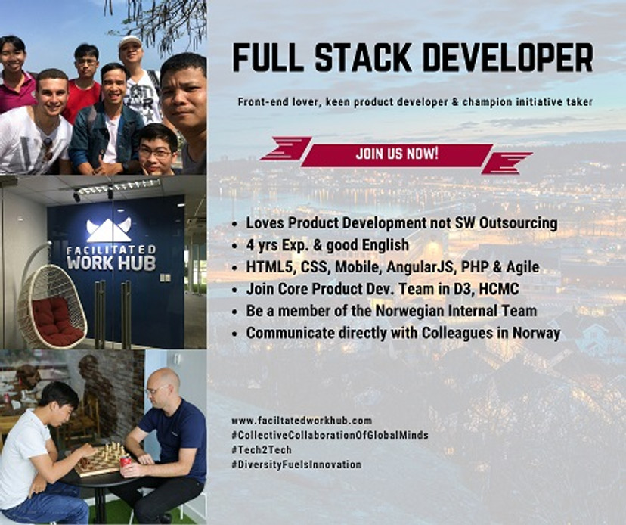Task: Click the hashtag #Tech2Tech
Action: tap(261, 449)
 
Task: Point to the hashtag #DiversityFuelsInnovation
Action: tap(296, 464)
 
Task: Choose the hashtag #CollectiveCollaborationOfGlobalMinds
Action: tap(330, 435)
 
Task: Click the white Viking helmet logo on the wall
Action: tap(108, 228)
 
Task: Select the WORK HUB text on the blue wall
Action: tap(111, 262)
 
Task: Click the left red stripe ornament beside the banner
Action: tap(286, 148)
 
